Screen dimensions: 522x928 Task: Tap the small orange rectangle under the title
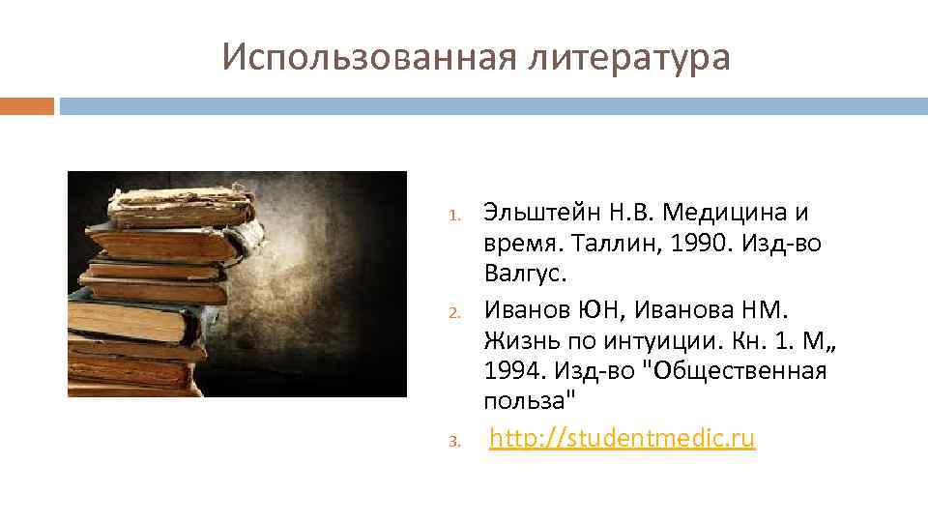point(27,105)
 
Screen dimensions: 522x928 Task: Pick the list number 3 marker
point(462,443)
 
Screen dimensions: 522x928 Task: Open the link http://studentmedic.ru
point(622,439)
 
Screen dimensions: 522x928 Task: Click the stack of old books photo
point(237,284)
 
